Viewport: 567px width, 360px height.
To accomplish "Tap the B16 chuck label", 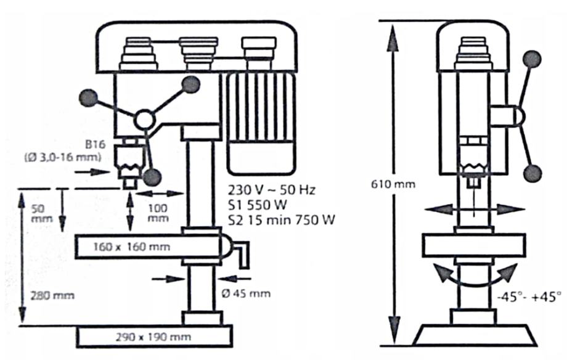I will (x=96, y=145).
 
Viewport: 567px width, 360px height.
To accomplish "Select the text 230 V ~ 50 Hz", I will (x=271, y=189).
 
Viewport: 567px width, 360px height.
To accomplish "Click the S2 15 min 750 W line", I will (x=281, y=219).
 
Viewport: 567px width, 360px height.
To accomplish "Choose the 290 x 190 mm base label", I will (x=154, y=337).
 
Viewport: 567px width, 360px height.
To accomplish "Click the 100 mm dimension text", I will (x=158, y=213).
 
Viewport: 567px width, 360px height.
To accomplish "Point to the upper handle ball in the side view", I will (x=532, y=59).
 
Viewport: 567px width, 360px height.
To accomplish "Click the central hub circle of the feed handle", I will (x=145, y=120).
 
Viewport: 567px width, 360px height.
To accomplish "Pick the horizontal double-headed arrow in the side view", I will (x=474, y=210).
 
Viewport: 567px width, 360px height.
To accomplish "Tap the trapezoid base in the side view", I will (x=473, y=335).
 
